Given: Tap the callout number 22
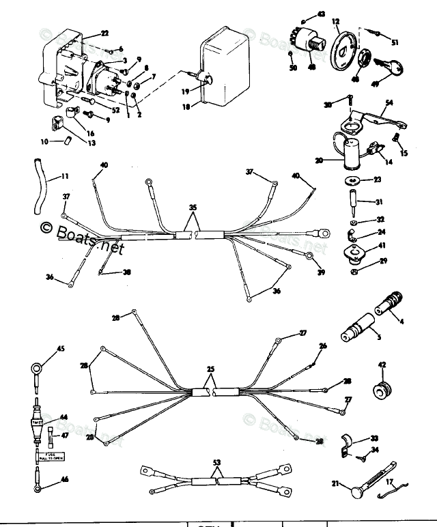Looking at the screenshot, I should click(104, 33).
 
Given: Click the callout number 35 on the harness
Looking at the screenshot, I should click(193, 206).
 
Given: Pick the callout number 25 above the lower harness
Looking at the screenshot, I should click(210, 369).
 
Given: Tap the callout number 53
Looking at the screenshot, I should click(217, 462).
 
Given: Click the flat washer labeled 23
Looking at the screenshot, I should click(354, 180).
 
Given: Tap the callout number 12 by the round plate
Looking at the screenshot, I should click(336, 23).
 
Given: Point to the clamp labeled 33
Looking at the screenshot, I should click(348, 440).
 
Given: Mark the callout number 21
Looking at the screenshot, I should click(335, 483).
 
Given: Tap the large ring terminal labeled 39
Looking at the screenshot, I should click(310, 257).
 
